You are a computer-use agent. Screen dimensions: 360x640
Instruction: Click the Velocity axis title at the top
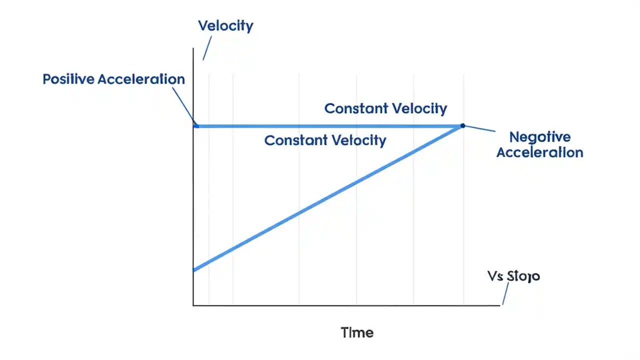(x=225, y=25)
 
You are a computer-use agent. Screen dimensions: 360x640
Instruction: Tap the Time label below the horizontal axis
(x=357, y=332)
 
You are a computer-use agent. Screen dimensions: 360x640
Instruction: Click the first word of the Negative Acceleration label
(x=540, y=137)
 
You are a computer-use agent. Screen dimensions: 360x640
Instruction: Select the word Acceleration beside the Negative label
(x=540, y=152)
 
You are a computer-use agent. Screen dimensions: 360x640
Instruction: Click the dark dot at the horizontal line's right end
(x=462, y=125)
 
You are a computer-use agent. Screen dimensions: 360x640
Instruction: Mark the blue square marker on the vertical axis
(x=196, y=125)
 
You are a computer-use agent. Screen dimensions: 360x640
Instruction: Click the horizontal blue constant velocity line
(x=325, y=126)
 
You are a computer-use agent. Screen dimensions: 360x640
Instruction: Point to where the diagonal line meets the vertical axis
(x=194, y=270)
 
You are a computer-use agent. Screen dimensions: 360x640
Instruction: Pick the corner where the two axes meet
(x=193, y=305)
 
